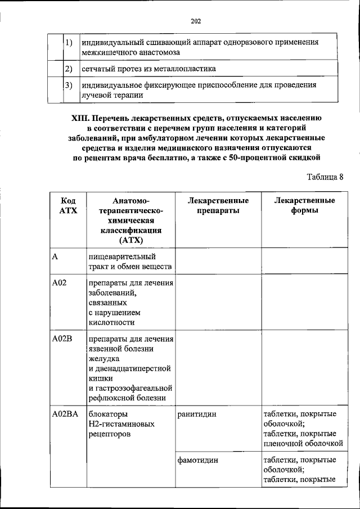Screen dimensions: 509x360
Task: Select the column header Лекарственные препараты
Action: (x=218, y=206)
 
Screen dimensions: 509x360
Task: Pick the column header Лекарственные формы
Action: (x=305, y=206)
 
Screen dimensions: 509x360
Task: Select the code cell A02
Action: (x=59, y=283)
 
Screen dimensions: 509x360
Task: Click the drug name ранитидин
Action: (x=197, y=415)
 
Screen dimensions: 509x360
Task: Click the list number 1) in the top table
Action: (x=69, y=43)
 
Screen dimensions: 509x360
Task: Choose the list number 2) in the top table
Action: (x=69, y=69)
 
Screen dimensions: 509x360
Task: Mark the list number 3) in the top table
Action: (x=69, y=85)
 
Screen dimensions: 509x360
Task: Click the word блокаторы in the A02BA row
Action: (x=104, y=415)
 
